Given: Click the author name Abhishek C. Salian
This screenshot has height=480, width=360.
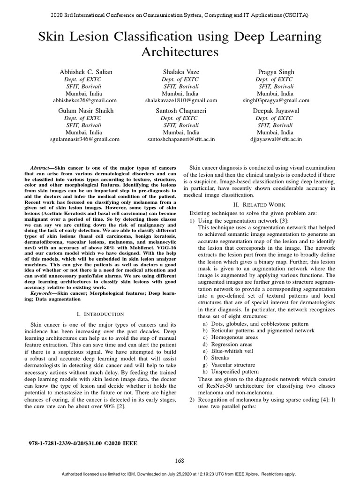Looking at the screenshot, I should point(85,72).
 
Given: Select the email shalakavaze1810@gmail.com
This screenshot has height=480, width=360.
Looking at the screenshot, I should point(180,100).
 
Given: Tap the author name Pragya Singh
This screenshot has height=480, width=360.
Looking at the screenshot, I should point(276,72).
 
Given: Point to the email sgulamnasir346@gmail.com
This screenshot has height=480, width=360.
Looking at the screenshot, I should point(85,139).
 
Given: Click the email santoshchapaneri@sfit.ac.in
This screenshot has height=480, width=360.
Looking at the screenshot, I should point(180,139).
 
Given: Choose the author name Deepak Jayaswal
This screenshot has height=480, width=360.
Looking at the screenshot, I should point(276,111).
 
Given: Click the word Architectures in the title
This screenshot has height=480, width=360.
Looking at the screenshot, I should point(180,52).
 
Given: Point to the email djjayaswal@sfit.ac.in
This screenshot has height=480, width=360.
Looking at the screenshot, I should point(276,139).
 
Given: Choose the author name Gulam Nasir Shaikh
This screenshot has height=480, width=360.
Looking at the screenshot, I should point(85,111).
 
